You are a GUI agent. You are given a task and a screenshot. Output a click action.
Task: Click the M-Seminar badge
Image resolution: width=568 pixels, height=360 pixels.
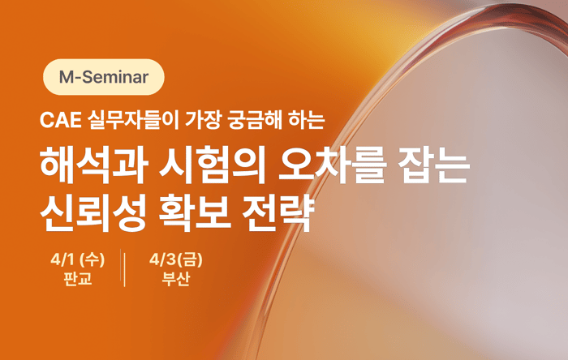[x=103, y=78]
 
